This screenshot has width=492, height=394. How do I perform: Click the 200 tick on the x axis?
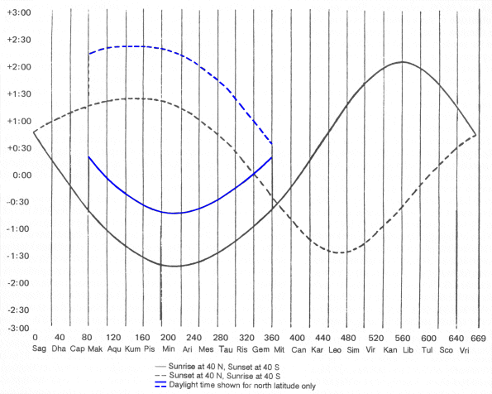click(x=169, y=339)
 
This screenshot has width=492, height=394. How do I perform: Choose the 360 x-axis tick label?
click(x=275, y=339)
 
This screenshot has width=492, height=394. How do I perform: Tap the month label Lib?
click(x=408, y=350)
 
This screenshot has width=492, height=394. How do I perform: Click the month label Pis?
click(x=149, y=350)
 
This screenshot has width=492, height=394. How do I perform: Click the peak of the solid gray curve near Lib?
click(x=402, y=62)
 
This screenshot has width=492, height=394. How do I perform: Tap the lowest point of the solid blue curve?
click(x=174, y=214)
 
